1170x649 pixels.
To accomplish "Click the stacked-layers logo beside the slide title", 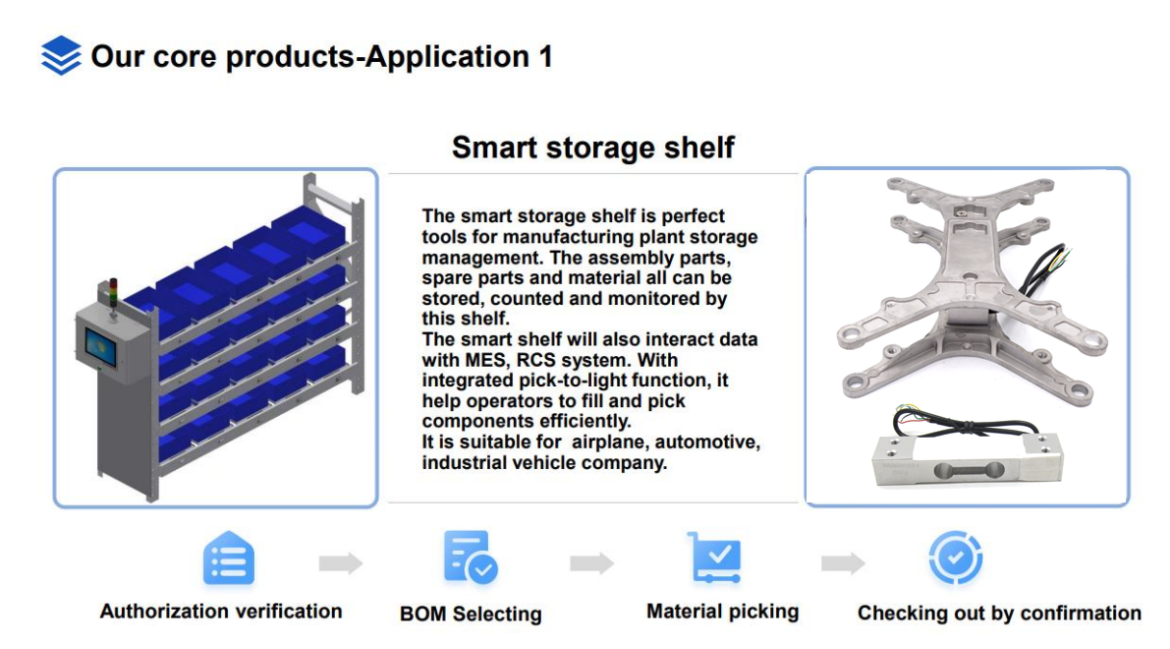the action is pyautogui.click(x=61, y=55).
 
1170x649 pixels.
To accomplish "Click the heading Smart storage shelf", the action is pyautogui.click(x=593, y=147).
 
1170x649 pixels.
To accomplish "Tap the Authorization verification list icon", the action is pyautogui.click(x=228, y=558).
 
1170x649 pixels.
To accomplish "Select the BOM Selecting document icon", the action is pyautogui.click(x=471, y=558).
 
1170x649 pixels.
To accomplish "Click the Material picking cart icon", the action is pyautogui.click(x=715, y=558).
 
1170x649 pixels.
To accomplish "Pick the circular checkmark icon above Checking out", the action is pyautogui.click(x=955, y=558).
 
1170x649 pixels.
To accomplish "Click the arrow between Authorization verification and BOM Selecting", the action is pyautogui.click(x=340, y=563).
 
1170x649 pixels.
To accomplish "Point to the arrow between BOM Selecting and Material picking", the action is pyautogui.click(x=591, y=563).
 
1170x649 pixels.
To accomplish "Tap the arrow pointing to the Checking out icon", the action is pyautogui.click(x=843, y=563).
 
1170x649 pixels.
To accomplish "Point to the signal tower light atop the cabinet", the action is pyautogui.click(x=113, y=293).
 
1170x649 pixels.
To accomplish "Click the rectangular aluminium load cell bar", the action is pyautogui.click(x=969, y=460).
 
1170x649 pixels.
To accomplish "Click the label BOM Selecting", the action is pyautogui.click(x=471, y=614).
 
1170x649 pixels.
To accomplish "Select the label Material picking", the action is pyautogui.click(x=722, y=612).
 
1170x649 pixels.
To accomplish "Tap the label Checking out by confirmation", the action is pyautogui.click(x=999, y=614).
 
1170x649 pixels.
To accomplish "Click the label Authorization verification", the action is pyautogui.click(x=221, y=611).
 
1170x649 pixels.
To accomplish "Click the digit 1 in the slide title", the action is pyautogui.click(x=545, y=57).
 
